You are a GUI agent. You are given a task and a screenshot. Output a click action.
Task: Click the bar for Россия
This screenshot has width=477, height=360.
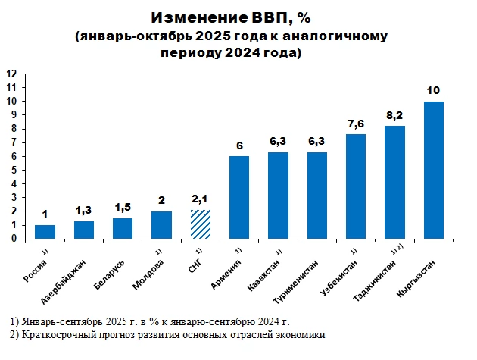pyautogui.click(x=45, y=231)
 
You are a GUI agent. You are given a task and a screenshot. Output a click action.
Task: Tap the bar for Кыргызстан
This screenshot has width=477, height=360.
pyautogui.click(x=434, y=170)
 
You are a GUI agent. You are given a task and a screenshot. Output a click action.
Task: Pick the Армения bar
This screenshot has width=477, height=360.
pyautogui.click(x=239, y=197)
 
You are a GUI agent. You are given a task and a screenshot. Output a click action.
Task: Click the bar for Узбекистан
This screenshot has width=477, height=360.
pyautogui.click(x=356, y=186)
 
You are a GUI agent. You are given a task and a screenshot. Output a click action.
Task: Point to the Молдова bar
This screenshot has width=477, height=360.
pyautogui.click(x=161, y=224)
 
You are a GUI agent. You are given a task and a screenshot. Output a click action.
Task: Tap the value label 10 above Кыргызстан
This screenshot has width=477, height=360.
pyautogui.click(x=434, y=89)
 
